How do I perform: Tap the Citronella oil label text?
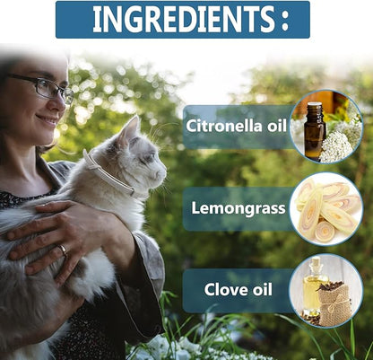(x=236, y=126)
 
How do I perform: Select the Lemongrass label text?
(x=239, y=208)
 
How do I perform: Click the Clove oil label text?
(x=239, y=289)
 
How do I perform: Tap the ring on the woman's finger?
(x=63, y=250)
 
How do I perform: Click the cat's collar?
(x=108, y=174)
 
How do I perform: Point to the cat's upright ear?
(x=129, y=129)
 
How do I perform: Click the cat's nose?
(x=164, y=173)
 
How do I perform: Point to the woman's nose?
(x=61, y=102)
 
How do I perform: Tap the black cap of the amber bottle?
(x=316, y=107)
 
